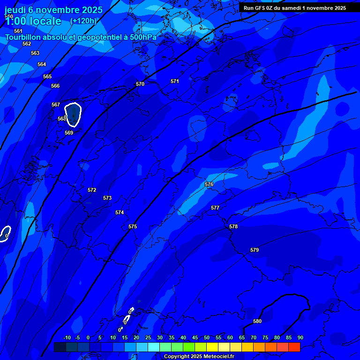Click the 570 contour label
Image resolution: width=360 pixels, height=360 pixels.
click(140, 84)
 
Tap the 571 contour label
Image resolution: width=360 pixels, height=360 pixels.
click(175, 81)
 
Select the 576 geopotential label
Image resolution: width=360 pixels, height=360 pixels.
click(209, 184)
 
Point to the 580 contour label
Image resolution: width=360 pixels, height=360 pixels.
click(257, 321)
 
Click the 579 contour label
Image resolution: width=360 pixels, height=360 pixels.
click(255, 250)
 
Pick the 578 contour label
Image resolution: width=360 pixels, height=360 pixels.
click(233, 226)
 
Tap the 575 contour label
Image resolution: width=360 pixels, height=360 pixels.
click(133, 226)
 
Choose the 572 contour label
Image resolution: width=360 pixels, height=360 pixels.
click(92, 190)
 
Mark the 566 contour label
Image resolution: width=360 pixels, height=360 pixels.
click(55, 86)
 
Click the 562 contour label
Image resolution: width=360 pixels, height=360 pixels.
click(27, 44)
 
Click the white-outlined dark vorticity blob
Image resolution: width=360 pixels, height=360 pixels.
click(73, 114)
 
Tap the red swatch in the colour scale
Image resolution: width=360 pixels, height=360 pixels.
click(294, 347)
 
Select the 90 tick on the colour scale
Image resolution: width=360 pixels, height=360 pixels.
click(300, 337)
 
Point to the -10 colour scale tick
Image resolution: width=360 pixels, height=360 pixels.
click(67, 337)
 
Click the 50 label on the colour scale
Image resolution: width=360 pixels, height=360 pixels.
click(207, 337)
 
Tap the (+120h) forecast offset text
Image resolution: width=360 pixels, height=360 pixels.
click(83, 21)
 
